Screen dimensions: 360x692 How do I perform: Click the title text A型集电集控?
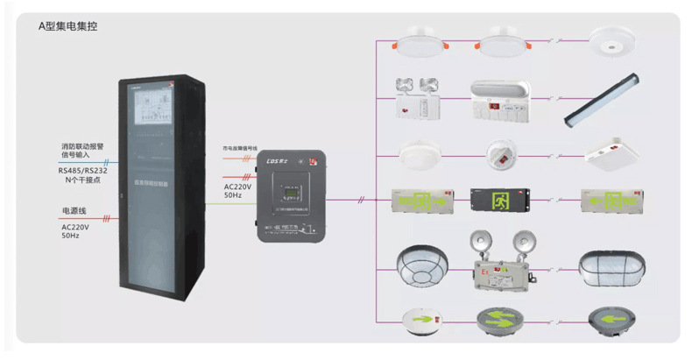pos(67,26)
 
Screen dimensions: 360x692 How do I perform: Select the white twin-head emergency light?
pos(418,98)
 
